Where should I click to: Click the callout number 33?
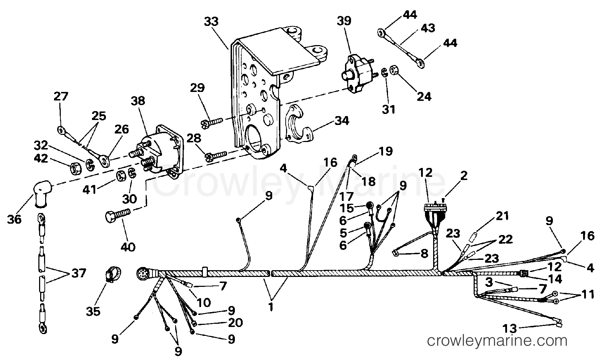(x=211, y=22)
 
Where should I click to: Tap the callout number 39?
(x=344, y=21)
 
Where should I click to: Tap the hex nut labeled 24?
(x=394, y=71)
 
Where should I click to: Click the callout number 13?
(x=510, y=328)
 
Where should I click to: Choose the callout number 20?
(x=235, y=323)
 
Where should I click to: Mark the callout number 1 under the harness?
(x=271, y=307)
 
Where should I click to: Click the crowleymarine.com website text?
(x=497, y=340)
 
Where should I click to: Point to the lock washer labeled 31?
(x=384, y=73)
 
